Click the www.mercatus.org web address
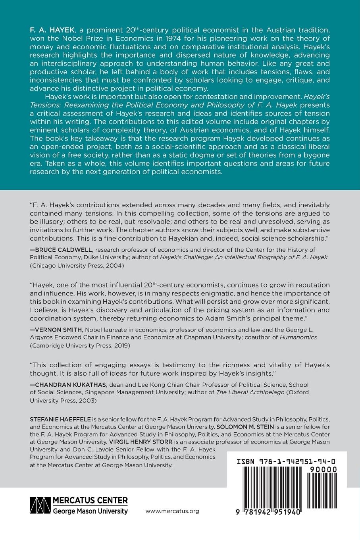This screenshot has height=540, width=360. (173, 511)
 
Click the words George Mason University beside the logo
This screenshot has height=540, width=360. (90, 511)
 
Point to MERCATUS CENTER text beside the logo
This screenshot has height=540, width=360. (90, 500)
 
